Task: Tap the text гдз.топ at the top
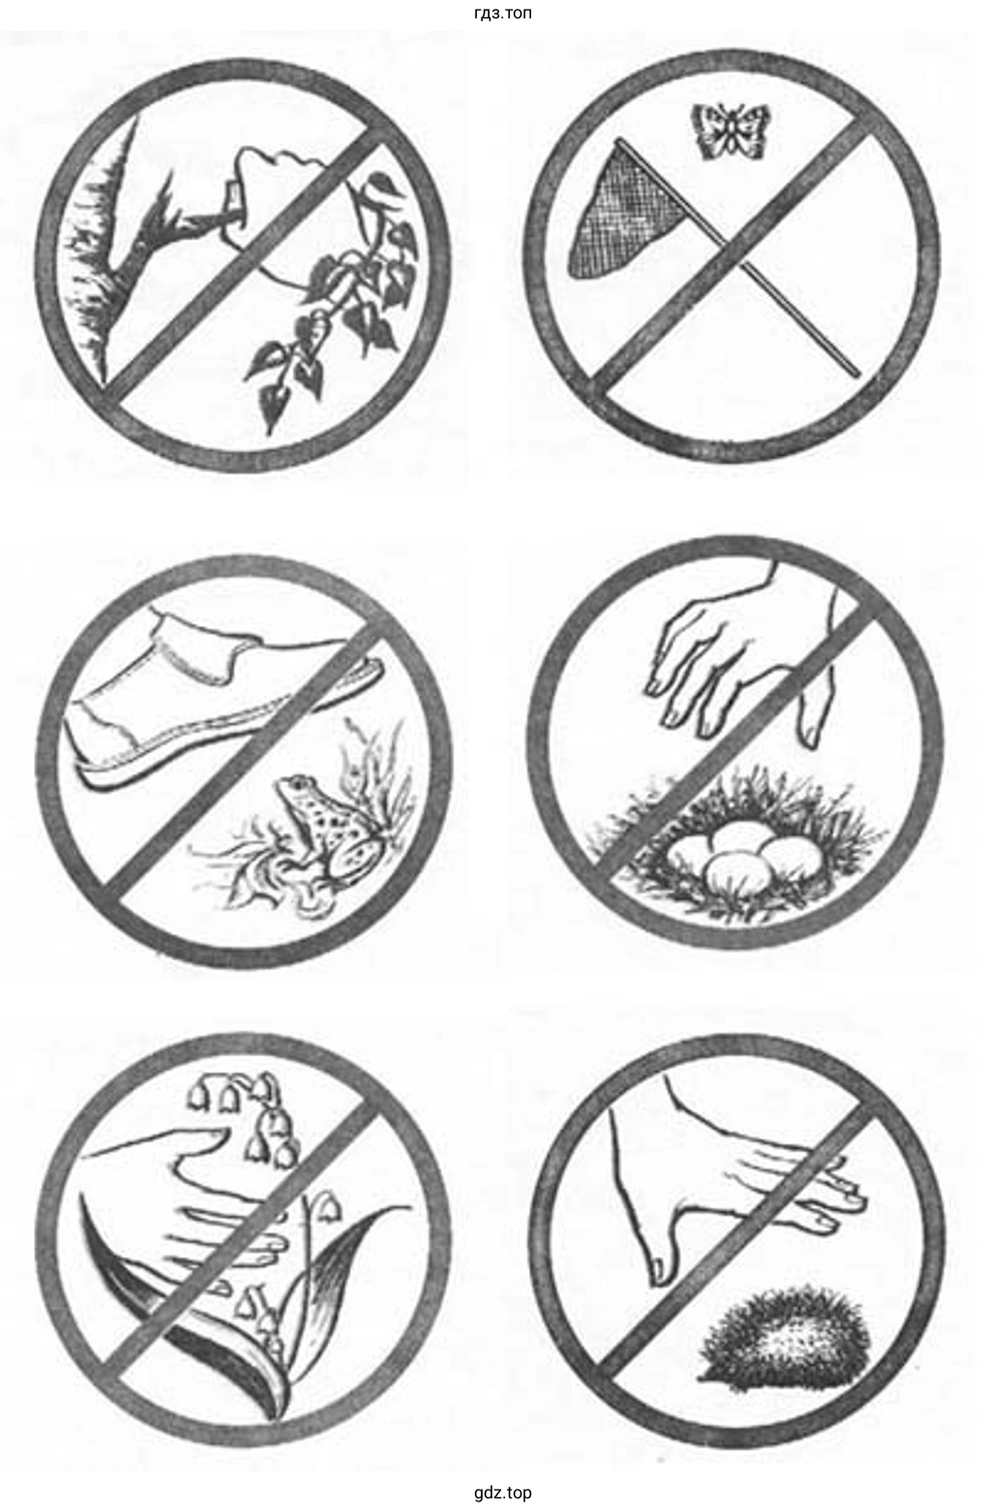click(x=503, y=13)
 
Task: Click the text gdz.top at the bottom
click(x=503, y=1490)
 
